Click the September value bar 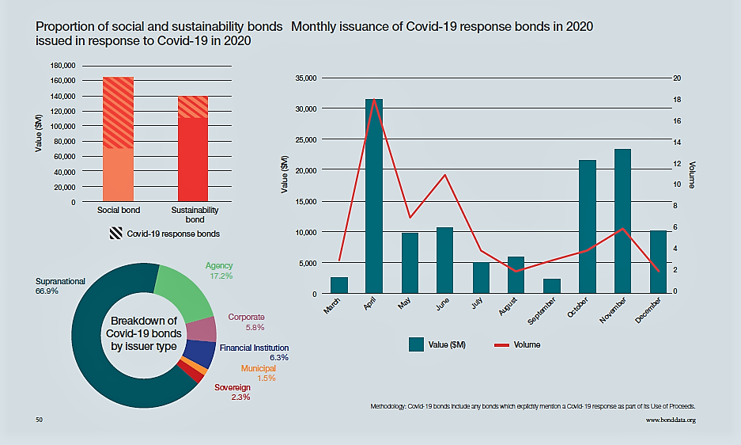pyautogui.click(x=552, y=286)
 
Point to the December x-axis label pyautogui.click(x=648, y=309)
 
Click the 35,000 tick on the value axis pyautogui.click(x=305, y=78)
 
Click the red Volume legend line pyautogui.click(x=501, y=344)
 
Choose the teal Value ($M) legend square pyautogui.click(x=418, y=344)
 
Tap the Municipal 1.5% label pyautogui.click(x=258, y=373)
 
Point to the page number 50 pyautogui.click(x=39, y=420)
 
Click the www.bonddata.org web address pyautogui.click(x=671, y=420)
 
